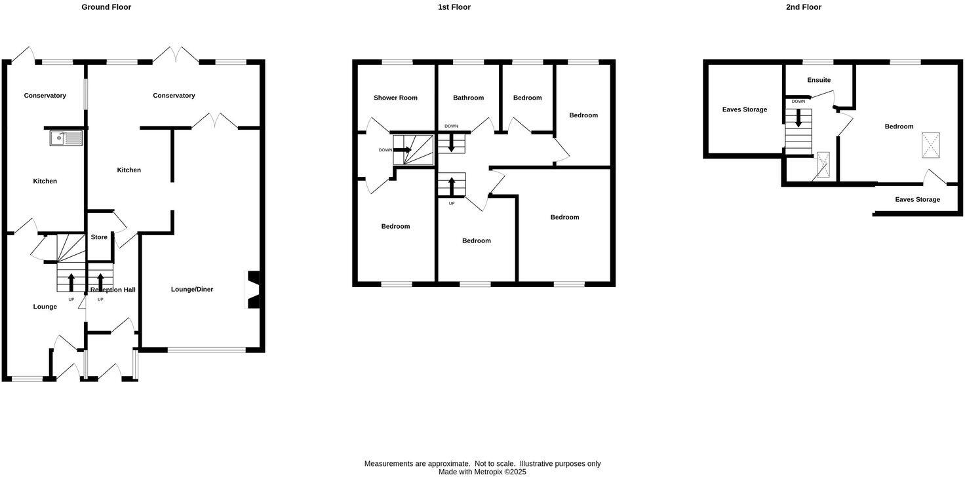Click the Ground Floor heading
106,7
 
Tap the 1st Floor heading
454,7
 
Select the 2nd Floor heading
804,7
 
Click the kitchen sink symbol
66,138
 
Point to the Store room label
99,237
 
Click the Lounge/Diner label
192,290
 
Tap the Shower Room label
395,98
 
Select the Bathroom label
469,98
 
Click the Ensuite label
819,81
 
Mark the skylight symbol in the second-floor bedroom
930,145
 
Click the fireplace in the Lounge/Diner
252,289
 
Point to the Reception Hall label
113,290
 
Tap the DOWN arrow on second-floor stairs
798,118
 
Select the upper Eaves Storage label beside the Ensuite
745,110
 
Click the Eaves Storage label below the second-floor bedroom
917,200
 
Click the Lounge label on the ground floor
45,307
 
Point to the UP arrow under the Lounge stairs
71,282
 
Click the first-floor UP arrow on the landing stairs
451,185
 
